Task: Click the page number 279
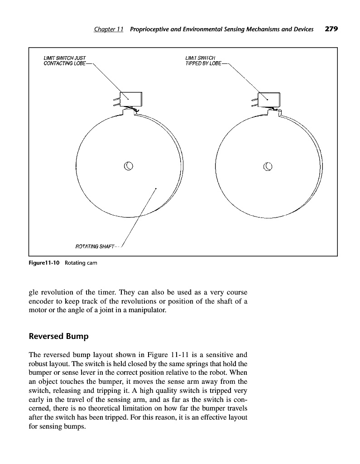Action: coord(331,29)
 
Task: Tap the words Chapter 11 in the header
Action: coord(109,29)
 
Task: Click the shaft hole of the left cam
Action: coord(129,165)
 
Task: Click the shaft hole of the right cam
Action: coord(268,165)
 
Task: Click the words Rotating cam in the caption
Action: coord(81,263)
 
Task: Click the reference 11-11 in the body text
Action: coord(184,354)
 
